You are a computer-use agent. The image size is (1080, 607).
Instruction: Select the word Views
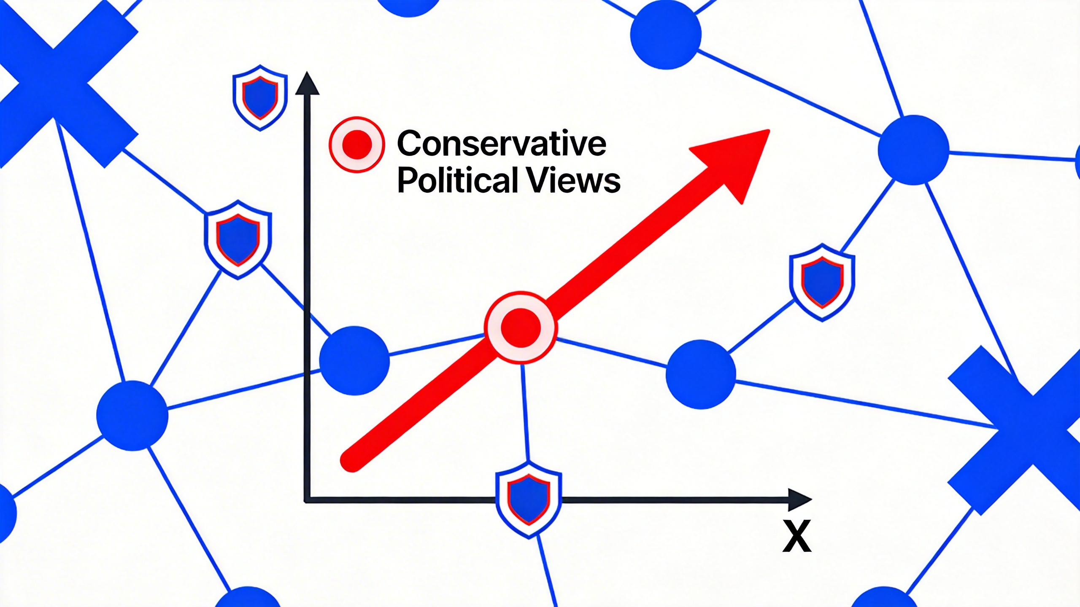(x=574, y=180)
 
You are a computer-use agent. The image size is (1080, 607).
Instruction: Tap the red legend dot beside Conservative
(x=357, y=145)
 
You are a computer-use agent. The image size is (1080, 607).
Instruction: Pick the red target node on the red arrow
(x=521, y=328)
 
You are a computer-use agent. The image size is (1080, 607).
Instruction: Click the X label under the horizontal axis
(x=796, y=536)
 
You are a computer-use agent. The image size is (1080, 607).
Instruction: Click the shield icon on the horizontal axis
(x=529, y=500)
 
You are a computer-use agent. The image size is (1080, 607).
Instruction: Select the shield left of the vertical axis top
(x=260, y=97)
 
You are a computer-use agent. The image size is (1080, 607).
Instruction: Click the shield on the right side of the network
(x=822, y=282)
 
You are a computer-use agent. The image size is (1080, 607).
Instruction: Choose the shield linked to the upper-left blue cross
(x=238, y=239)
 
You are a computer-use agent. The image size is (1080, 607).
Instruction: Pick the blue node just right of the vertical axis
(x=354, y=360)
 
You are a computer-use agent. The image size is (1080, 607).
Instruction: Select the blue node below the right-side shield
(x=701, y=374)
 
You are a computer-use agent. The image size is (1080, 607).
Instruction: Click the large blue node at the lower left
(x=132, y=416)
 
